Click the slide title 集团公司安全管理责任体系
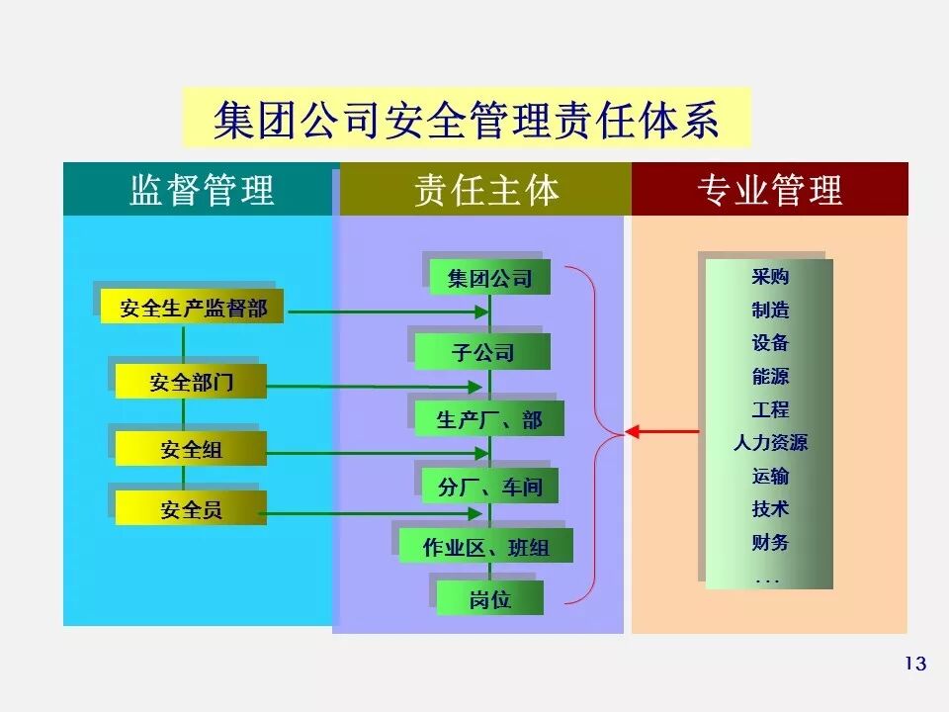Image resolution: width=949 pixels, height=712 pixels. click(x=467, y=118)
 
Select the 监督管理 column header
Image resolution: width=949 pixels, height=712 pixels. click(x=201, y=190)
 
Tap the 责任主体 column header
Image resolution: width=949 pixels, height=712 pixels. click(x=485, y=190)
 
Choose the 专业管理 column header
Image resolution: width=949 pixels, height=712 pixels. click(x=769, y=190)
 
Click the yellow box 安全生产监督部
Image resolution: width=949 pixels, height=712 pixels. click(x=193, y=308)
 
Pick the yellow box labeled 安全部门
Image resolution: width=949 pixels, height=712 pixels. click(x=191, y=382)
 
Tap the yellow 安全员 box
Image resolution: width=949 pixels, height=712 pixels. click(x=191, y=510)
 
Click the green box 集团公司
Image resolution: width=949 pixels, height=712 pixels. click(x=489, y=279)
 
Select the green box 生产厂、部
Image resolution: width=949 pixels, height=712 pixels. click(x=489, y=420)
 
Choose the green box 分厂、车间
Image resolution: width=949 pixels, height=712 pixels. click(x=489, y=487)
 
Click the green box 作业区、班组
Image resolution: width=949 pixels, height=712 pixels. click(x=485, y=547)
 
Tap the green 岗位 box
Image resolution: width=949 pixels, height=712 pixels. click(x=489, y=598)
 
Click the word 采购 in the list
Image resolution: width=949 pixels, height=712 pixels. click(x=769, y=277)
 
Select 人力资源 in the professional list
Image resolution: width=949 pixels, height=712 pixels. click(x=769, y=443)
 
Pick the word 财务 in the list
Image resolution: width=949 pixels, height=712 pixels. click(x=769, y=543)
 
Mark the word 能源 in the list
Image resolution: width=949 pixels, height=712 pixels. click(x=769, y=377)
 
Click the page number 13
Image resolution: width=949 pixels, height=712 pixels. click(x=915, y=664)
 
